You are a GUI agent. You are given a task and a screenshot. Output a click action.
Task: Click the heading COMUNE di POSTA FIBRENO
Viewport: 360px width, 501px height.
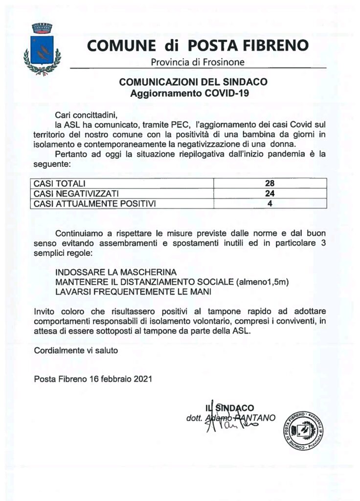click(x=198, y=46)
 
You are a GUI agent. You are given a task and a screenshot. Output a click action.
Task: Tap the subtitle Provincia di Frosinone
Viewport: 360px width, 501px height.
click(x=198, y=62)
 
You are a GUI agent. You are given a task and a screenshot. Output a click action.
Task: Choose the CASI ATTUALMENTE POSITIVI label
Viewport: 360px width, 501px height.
click(x=94, y=203)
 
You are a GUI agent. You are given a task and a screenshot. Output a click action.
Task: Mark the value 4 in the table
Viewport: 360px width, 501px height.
click(x=270, y=203)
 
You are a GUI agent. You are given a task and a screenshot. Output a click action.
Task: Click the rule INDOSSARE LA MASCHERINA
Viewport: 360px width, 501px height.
click(x=115, y=272)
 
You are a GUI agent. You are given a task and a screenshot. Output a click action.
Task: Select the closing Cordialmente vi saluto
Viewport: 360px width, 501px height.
click(x=76, y=350)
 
